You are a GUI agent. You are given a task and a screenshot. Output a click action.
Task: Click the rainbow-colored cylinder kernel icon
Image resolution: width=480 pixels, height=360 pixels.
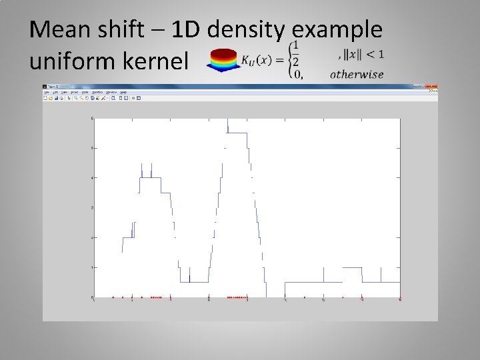(223, 60)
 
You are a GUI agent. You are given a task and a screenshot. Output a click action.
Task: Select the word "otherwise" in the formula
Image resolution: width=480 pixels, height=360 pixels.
(356, 74)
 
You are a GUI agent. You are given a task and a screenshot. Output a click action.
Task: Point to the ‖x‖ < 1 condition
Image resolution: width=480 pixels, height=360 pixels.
(364, 54)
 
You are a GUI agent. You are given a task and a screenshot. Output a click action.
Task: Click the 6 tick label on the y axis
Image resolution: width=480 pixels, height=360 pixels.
(92, 119)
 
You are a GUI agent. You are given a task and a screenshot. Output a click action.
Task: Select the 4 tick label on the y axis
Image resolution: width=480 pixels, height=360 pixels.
(92, 178)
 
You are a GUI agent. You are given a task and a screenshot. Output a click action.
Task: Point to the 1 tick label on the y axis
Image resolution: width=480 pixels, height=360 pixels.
(92, 267)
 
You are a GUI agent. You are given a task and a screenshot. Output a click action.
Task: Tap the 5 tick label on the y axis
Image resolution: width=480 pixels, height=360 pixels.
(92, 148)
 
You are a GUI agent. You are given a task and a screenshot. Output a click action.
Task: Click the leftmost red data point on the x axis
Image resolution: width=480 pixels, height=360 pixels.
(113, 297)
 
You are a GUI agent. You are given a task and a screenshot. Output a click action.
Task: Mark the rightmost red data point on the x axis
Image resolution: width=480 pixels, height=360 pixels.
(400, 297)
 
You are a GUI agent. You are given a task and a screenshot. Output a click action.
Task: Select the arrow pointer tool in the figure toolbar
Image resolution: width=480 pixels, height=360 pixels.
(70, 98)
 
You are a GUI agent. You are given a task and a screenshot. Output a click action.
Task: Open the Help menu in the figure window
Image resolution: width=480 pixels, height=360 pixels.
(124, 92)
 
